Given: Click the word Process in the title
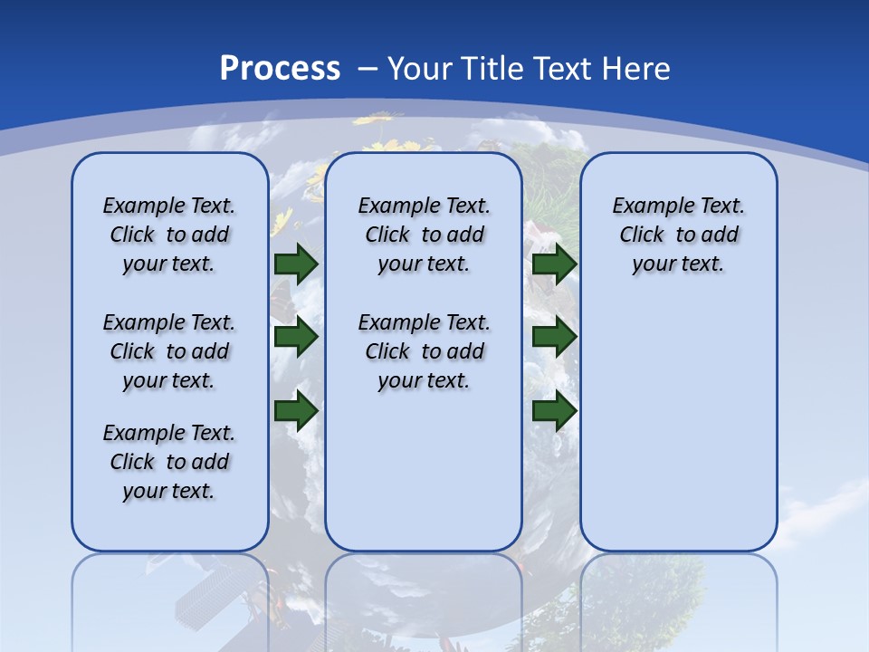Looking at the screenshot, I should click(280, 69).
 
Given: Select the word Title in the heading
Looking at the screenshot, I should click(492, 69).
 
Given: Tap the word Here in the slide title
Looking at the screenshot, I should click(635, 69).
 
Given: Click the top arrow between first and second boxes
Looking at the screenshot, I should click(296, 264).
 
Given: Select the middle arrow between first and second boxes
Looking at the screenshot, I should click(296, 338).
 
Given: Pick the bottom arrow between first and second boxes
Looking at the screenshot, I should click(296, 411).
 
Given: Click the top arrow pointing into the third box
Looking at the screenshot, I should click(554, 264).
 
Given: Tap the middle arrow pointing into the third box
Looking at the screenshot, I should click(554, 338).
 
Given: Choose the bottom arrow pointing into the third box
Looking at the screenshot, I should click(554, 411).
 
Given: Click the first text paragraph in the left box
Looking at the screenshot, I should click(169, 235).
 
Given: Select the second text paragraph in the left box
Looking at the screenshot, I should click(169, 351).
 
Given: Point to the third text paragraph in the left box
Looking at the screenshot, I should click(169, 462).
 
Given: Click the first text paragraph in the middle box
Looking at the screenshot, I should click(424, 235).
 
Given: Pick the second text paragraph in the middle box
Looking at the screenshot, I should click(424, 351).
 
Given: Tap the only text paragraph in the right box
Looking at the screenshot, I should click(678, 235).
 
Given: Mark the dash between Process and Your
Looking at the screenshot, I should click(368, 69).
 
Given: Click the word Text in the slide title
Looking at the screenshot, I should click(561, 69).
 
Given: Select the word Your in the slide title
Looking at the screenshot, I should click(420, 69).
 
